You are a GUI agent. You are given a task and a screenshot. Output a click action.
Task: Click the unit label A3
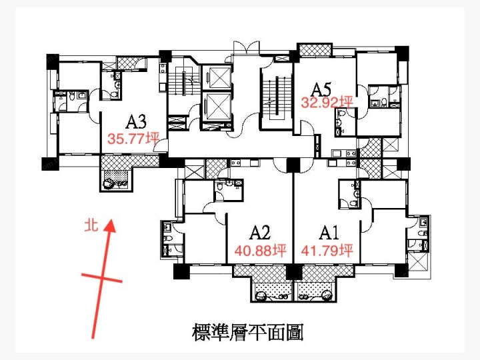coord(136,121)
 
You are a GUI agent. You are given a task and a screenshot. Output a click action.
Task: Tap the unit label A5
coord(321,89)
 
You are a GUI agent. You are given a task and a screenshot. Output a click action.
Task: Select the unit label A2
coord(260,233)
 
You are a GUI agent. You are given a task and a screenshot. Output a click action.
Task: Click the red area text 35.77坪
coord(133,139)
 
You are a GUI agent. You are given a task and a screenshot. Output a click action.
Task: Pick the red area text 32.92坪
coord(327,103)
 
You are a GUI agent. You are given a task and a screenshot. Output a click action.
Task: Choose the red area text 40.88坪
coord(261,251)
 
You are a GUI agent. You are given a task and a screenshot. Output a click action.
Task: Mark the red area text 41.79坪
coord(327,251)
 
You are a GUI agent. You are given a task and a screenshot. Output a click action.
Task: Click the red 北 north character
coord(91,225)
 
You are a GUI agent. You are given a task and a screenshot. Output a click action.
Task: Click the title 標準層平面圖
coord(247,333)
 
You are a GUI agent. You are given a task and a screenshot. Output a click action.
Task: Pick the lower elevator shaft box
coord(217,106)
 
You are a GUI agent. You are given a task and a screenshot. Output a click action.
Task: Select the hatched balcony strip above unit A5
coord(315,50)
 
